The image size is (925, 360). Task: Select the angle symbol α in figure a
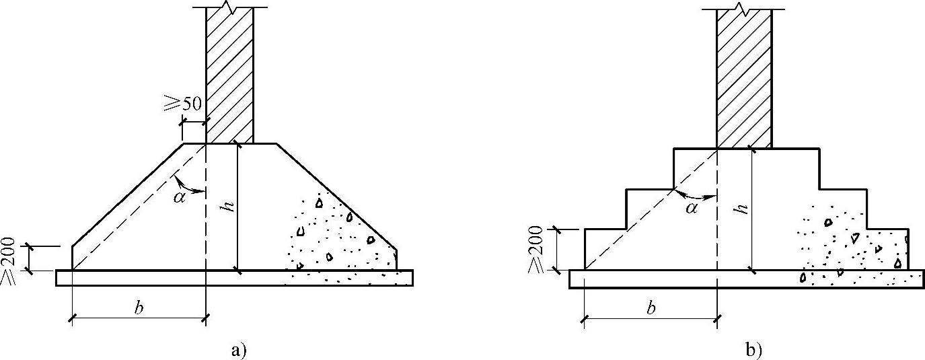point(178,196)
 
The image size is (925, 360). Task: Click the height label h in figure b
point(741,209)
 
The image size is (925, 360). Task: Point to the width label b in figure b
point(651,309)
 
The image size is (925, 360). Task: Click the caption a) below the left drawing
point(239,350)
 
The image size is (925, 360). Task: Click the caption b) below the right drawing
point(753,350)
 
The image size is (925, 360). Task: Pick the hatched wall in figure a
point(229,74)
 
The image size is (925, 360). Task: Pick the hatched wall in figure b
point(743,77)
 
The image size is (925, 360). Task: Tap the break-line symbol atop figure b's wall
point(743,8)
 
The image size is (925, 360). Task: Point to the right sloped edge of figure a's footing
point(336,195)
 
